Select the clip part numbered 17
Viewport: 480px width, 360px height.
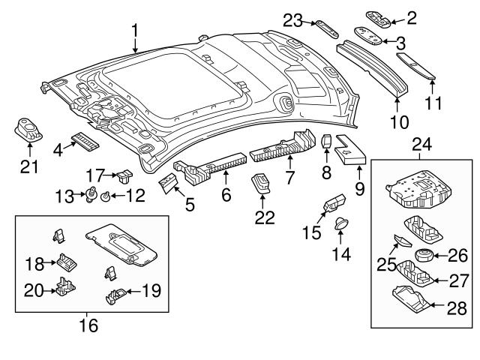123,176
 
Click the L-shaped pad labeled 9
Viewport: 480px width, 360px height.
349,148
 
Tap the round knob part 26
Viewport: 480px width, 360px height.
425,255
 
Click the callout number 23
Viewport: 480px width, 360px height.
292,22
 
